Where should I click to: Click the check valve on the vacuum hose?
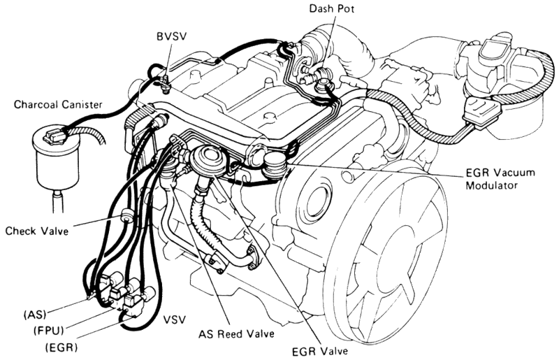tap(126, 215)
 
